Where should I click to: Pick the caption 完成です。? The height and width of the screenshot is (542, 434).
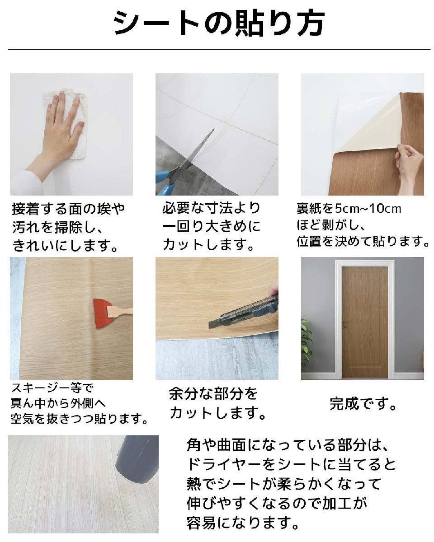click(363, 403)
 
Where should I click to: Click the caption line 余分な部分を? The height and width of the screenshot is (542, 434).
click(213, 394)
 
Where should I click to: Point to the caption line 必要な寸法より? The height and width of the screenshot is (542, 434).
click(211, 208)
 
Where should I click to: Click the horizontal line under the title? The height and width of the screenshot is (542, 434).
click(219, 49)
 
